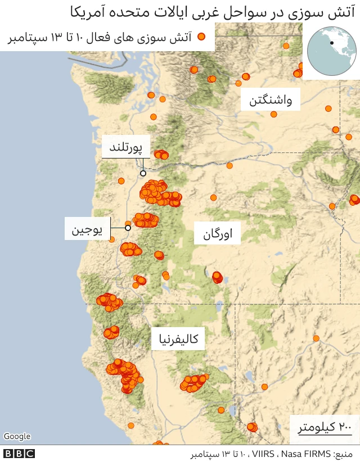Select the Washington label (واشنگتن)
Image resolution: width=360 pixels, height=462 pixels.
click(x=270, y=101)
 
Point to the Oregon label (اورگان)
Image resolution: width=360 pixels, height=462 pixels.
click(x=217, y=234)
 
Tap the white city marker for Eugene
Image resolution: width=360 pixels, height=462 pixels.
click(x=128, y=228)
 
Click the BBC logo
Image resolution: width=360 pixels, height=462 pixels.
click(x=19, y=454)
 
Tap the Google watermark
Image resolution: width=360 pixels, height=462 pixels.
click(x=17, y=437)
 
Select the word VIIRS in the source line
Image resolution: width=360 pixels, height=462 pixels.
click(x=263, y=454)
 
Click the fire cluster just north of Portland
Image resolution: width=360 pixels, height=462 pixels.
click(x=161, y=154)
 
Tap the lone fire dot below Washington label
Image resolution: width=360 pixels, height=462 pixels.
click(x=273, y=114)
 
